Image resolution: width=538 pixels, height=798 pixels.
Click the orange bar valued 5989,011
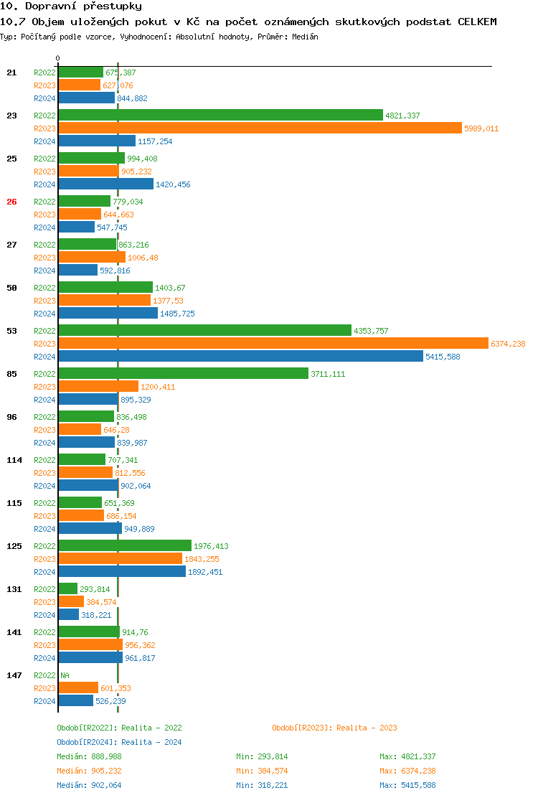(x=260, y=128)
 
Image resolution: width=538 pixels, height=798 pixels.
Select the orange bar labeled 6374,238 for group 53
(x=273, y=344)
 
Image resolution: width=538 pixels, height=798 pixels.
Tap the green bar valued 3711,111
(x=183, y=374)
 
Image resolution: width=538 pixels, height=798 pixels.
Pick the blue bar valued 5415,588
(x=240, y=357)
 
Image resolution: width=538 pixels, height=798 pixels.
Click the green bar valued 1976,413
(x=125, y=546)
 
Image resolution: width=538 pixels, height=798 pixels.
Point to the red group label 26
(x=11, y=202)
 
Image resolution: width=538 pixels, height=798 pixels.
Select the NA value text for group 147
(x=65, y=675)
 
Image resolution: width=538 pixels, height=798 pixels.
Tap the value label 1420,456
(x=173, y=184)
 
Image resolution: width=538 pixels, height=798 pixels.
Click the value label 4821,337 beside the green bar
(x=402, y=116)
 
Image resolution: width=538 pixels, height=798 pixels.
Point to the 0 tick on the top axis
(x=58, y=58)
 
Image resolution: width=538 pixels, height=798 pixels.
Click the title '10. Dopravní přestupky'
(x=71, y=6)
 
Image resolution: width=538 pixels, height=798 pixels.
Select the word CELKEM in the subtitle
(x=477, y=22)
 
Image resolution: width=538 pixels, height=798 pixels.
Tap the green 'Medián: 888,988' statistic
(x=89, y=756)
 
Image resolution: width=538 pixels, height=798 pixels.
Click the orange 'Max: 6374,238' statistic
(x=407, y=771)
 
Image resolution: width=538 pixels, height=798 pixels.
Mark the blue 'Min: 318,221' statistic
(x=262, y=785)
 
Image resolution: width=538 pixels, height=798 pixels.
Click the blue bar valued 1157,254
(x=97, y=141)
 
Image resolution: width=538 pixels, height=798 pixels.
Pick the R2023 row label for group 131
(x=44, y=602)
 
